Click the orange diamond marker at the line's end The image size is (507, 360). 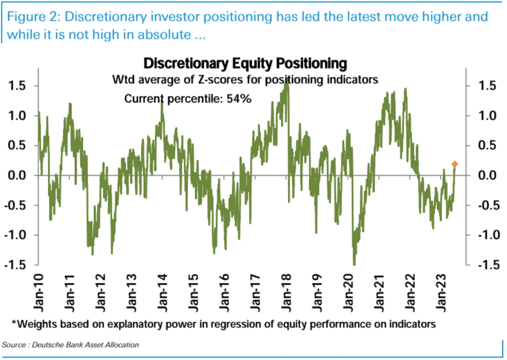click(x=455, y=164)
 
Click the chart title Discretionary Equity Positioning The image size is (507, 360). click(x=245, y=64)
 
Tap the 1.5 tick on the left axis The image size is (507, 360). click(x=17, y=86)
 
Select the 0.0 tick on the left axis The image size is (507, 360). click(x=17, y=176)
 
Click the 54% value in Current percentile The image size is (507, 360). click(x=239, y=99)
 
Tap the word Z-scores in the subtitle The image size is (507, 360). click(x=222, y=80)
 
